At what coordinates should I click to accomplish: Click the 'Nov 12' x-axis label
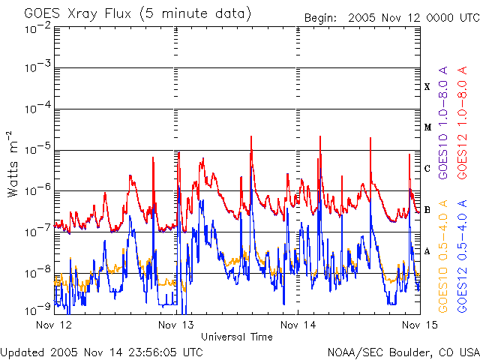(55, 325)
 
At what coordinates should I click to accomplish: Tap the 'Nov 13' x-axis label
(176, 325)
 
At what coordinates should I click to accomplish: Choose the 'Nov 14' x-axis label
(298, 325)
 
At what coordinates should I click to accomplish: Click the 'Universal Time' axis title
(237, 337)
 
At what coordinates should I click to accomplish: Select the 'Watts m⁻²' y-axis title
(13, 163)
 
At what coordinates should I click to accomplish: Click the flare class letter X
(427, 87)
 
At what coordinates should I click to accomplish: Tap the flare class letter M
(427, 127)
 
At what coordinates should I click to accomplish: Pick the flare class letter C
(427, 169)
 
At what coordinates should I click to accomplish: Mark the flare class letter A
(427, 251)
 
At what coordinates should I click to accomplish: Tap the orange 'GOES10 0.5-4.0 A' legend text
(444, 256)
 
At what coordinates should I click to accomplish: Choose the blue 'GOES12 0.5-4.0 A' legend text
(465, 256)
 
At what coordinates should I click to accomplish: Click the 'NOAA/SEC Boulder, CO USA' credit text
(403, 352)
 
